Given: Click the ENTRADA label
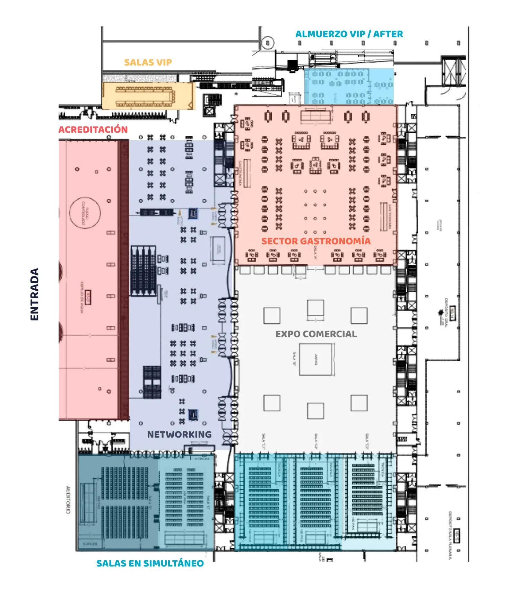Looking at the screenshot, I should coord(34,294).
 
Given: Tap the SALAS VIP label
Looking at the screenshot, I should coord(148,62).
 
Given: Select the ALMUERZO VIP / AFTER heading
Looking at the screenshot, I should coord(349,34).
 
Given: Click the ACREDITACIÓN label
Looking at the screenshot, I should coord(93,130).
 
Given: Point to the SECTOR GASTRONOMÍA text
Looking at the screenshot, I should coord(316,241).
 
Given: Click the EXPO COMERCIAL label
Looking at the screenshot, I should coord(316,334).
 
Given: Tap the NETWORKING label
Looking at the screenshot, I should coord(179,434).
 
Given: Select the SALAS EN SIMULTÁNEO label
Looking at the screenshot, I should coord(150,563).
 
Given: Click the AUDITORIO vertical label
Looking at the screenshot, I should coord(68,499).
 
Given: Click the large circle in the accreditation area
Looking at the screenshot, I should coord(85,212).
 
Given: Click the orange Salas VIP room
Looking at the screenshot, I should coord(148,96).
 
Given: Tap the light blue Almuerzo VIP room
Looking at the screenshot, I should coord(348,87).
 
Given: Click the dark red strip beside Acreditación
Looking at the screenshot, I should coord(124,280).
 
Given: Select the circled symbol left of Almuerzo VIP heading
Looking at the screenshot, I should coord(267,43).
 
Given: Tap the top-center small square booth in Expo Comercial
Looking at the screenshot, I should coord(315,308).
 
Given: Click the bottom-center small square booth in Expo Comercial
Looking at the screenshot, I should coord(315,411).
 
